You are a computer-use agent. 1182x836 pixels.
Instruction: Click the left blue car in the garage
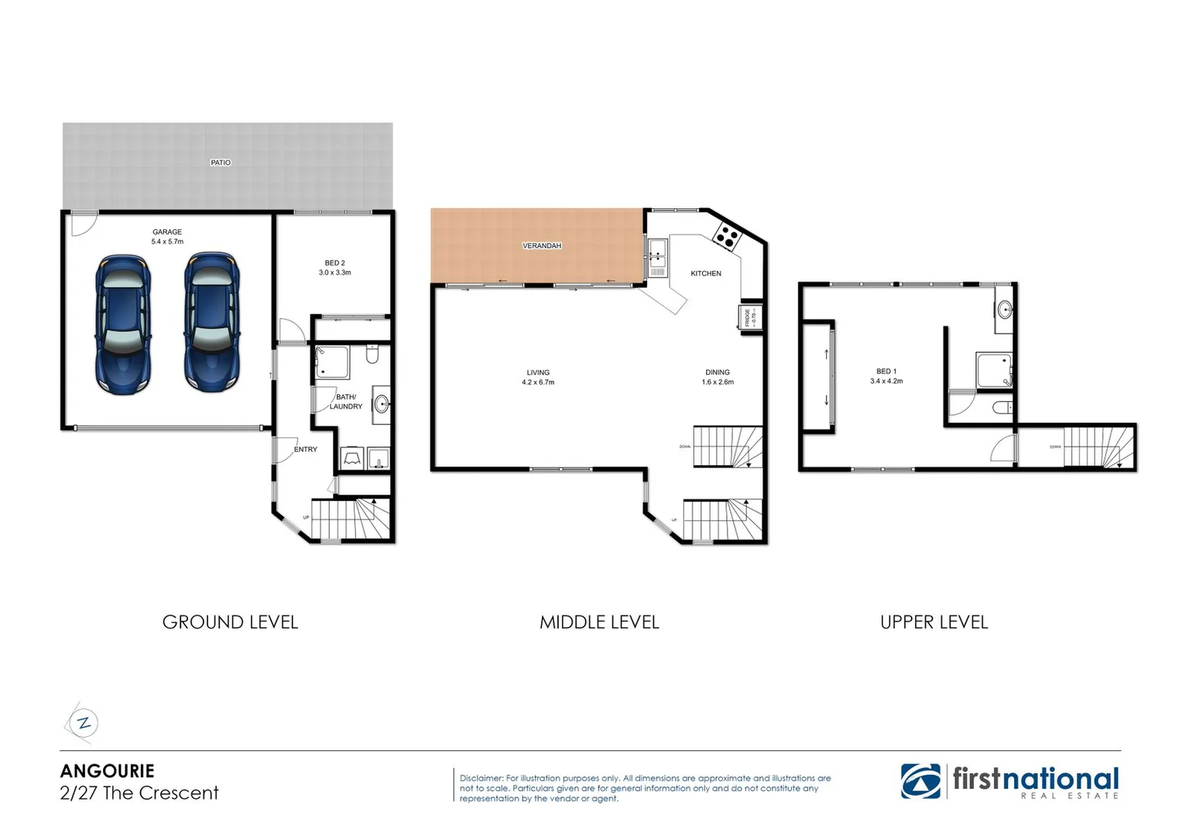point(122,324)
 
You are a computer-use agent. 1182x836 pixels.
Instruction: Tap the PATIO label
point(221,163)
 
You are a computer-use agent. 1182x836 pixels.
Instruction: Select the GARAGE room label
point(167,232)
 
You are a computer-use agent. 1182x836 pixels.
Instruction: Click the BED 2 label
point(335,263)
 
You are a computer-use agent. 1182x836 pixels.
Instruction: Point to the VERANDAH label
point(542,246)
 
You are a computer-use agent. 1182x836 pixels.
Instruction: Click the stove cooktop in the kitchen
point(727,235)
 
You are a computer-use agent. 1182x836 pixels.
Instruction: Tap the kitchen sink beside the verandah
point(658,249)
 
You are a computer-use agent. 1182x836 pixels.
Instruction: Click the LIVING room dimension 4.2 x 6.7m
point(538,382)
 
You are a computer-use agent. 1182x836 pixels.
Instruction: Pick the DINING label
point(718,372)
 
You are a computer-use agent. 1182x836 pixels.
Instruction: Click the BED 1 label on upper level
point(886,372)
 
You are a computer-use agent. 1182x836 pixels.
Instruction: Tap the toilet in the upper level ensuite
point(1001,408)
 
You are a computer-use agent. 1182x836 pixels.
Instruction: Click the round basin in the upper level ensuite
point(1004,310)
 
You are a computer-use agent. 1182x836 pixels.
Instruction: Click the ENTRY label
point(306,450)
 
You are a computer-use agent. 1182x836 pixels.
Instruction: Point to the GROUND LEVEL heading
point(230,622)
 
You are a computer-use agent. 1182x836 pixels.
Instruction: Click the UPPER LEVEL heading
point(934,622)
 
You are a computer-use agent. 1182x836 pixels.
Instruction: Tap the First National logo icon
point(920,781)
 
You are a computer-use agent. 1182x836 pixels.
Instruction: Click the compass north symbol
point(82,724)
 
